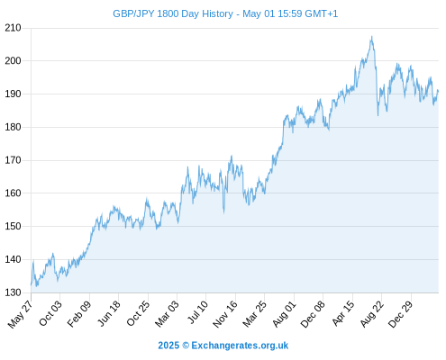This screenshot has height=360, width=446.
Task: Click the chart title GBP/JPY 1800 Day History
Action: pyautogui.click(x=173, y=13)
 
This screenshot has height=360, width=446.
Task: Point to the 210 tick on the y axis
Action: pyautogui.click(x=13, y=28)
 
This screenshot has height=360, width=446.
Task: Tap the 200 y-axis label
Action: pyautogui.click(x=13, y=61)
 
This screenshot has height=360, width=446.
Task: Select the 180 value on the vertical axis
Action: pyautogui.click(x=13, y=127)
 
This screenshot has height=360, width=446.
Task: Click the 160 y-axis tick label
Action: pyautogui.click(x=13, y=193)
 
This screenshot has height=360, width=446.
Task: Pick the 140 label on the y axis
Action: pyautogui.click(x=13, y=259)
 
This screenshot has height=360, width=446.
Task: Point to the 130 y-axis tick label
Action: pyautogui.click(x=13, y=292)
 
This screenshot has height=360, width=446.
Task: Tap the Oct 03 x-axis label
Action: pyautogui.click(x=50, y=313)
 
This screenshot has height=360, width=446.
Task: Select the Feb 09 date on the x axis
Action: pyautogui.click(x=78, y=314)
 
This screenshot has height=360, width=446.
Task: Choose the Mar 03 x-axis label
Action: pyautogui.click(x=167, y=314)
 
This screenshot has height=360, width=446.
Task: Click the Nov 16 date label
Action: pyautogui.click(x=224, y=314)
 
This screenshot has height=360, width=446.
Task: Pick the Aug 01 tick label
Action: pyautogui.click(x=284, y=314)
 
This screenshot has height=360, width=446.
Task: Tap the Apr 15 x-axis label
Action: pyautogui.click(x=343, y=313)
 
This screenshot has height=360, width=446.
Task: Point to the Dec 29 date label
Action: pyautogui.click(x=400, y=314)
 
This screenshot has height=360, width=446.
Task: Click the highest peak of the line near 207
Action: pyautogui.click(x=372, y=37)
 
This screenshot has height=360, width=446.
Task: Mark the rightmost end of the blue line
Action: pyautogui.click(x=438, y=91)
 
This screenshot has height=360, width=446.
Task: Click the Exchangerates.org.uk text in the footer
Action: pyautogui.click(x=240, y=346)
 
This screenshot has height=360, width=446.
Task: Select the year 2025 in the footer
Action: pyautogui.click(x=168, y=346)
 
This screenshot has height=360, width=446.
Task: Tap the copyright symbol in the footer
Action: pyautogui.click(x=186, y=346)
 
